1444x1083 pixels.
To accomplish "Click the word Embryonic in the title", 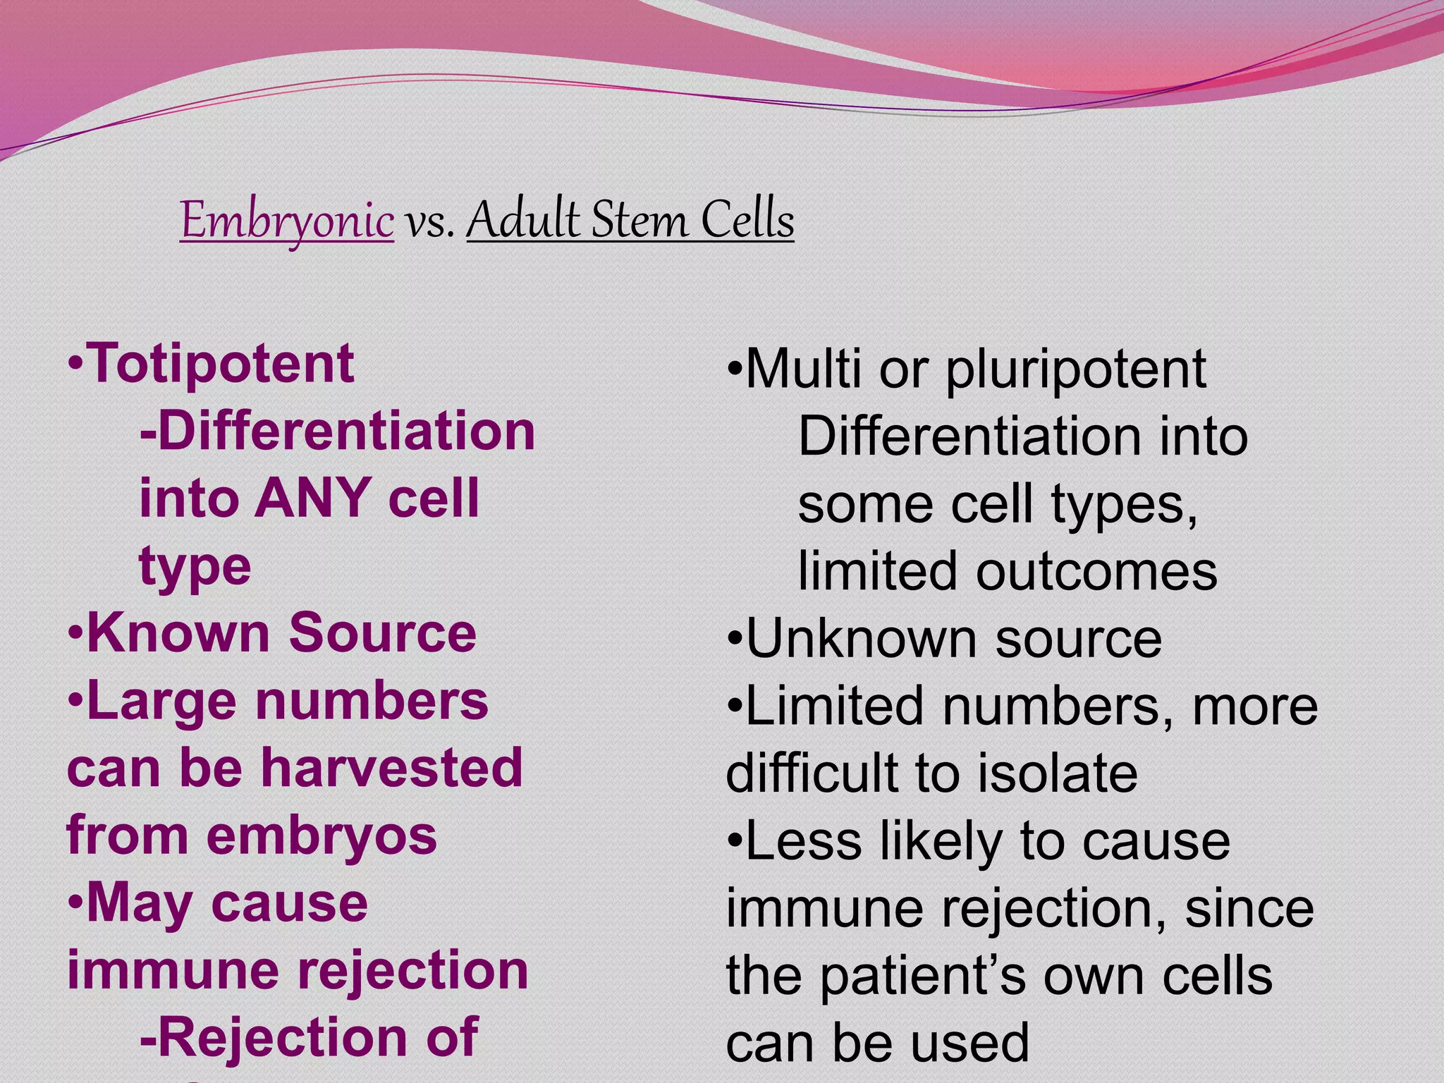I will (286, 221).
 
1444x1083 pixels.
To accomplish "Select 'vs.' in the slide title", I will (429, 222).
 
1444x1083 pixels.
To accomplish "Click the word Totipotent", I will (220, 364).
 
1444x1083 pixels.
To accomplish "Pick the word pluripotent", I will (1075, 369).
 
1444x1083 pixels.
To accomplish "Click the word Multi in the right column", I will (803, 369).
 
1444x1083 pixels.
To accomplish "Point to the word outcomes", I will (1096, 571).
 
